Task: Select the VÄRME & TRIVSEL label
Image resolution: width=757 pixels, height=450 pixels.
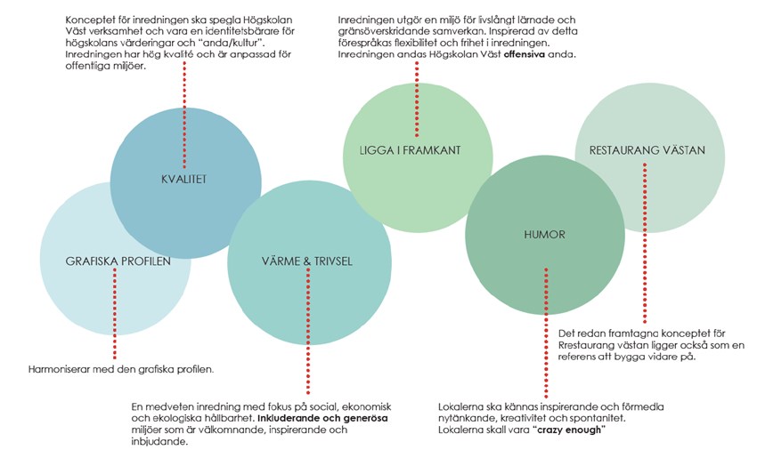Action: (x=308, y=261)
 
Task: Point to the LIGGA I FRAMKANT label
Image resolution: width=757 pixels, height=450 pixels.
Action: (x=417, y=150)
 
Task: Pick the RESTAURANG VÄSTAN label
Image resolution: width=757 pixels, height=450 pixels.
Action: (x=647, y=150)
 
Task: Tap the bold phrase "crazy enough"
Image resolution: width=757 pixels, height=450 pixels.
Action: (x=566, y=430)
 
